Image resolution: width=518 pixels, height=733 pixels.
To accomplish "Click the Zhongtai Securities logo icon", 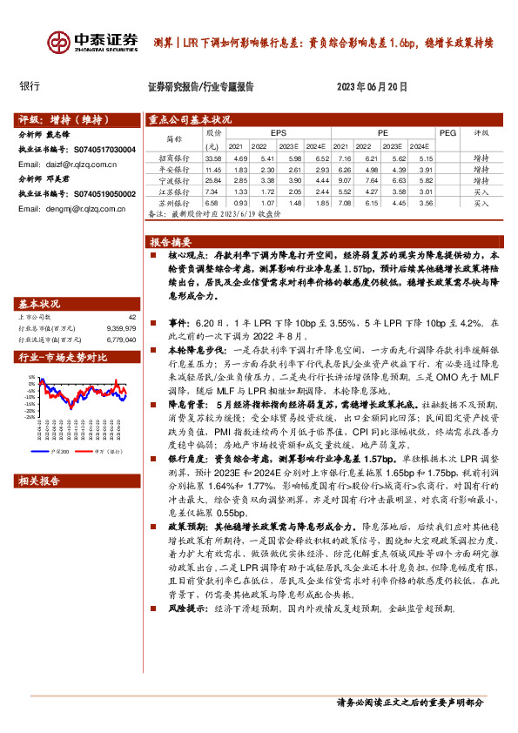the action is pos(58,41).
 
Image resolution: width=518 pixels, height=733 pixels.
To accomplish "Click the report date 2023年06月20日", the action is pos(372,87).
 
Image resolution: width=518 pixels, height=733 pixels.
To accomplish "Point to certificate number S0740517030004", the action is pos(104,150).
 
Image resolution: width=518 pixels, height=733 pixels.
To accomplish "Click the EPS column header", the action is pos(278,133).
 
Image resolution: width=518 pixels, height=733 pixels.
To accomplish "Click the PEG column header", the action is pos(447,133).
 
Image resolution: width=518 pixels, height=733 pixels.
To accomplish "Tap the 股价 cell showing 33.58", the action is pos(212,159).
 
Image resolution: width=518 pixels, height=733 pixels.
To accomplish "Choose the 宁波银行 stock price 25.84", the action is pos(212,178).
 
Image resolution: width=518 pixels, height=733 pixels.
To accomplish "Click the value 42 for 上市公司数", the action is pos(132,317).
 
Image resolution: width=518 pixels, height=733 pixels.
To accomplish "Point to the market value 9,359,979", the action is pos(121,328).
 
